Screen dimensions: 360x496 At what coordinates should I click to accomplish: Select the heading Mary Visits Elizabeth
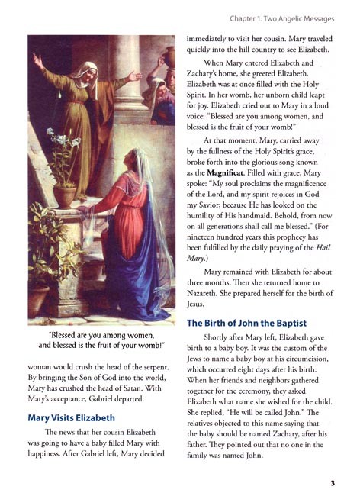[73, 418]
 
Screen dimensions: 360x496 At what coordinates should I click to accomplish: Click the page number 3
[333, 482]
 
